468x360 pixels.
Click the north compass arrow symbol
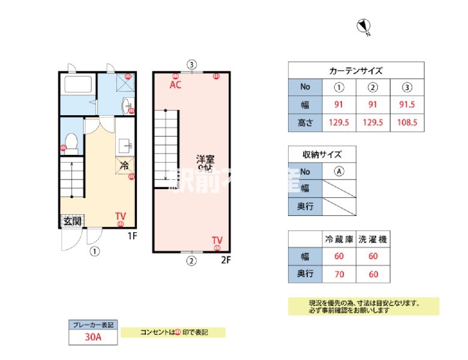coord(363,26)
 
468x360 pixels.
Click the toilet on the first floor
coord(71,142)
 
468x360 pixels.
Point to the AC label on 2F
coord(175,85)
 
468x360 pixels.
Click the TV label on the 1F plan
coord(121,216)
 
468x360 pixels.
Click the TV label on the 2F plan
coord(217,240)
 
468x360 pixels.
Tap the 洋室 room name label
coord(206,159)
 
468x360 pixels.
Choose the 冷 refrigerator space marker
coord(124,165)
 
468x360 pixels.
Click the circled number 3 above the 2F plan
coord(191,64)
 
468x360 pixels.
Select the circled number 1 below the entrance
coord(94,251)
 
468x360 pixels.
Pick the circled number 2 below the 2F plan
coord(191,260)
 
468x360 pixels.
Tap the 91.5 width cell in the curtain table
coord(407,104)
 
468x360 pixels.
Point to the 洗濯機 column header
coord(373,239)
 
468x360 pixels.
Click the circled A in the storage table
coord(340,171)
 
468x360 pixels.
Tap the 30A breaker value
coord(93,337)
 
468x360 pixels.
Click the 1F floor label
coord(133,236)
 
